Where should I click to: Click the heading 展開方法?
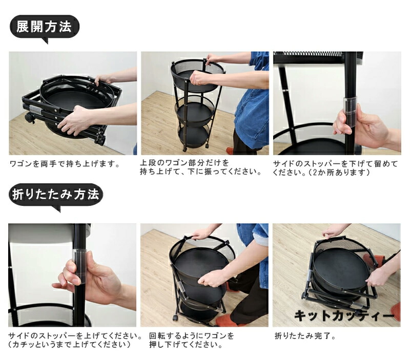click(44, 27)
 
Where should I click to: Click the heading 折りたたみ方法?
click(56, 195)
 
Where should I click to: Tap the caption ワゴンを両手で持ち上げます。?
click(65, 164)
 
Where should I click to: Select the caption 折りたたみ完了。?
click(305, 336)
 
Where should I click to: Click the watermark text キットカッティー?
click(344, 315)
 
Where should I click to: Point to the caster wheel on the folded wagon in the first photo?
click(29, 118)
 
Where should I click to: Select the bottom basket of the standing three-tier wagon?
click(194, 136)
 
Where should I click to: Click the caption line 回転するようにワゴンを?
click(191, 336)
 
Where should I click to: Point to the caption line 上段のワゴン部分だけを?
click(184, 163)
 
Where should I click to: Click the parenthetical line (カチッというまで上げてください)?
click(69, 344)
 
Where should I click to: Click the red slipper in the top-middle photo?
click(230, 151)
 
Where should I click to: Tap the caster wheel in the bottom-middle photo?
click(175, 317)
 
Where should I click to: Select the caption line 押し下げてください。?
click(186, 345)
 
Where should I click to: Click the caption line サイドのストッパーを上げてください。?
click(75, 336)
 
